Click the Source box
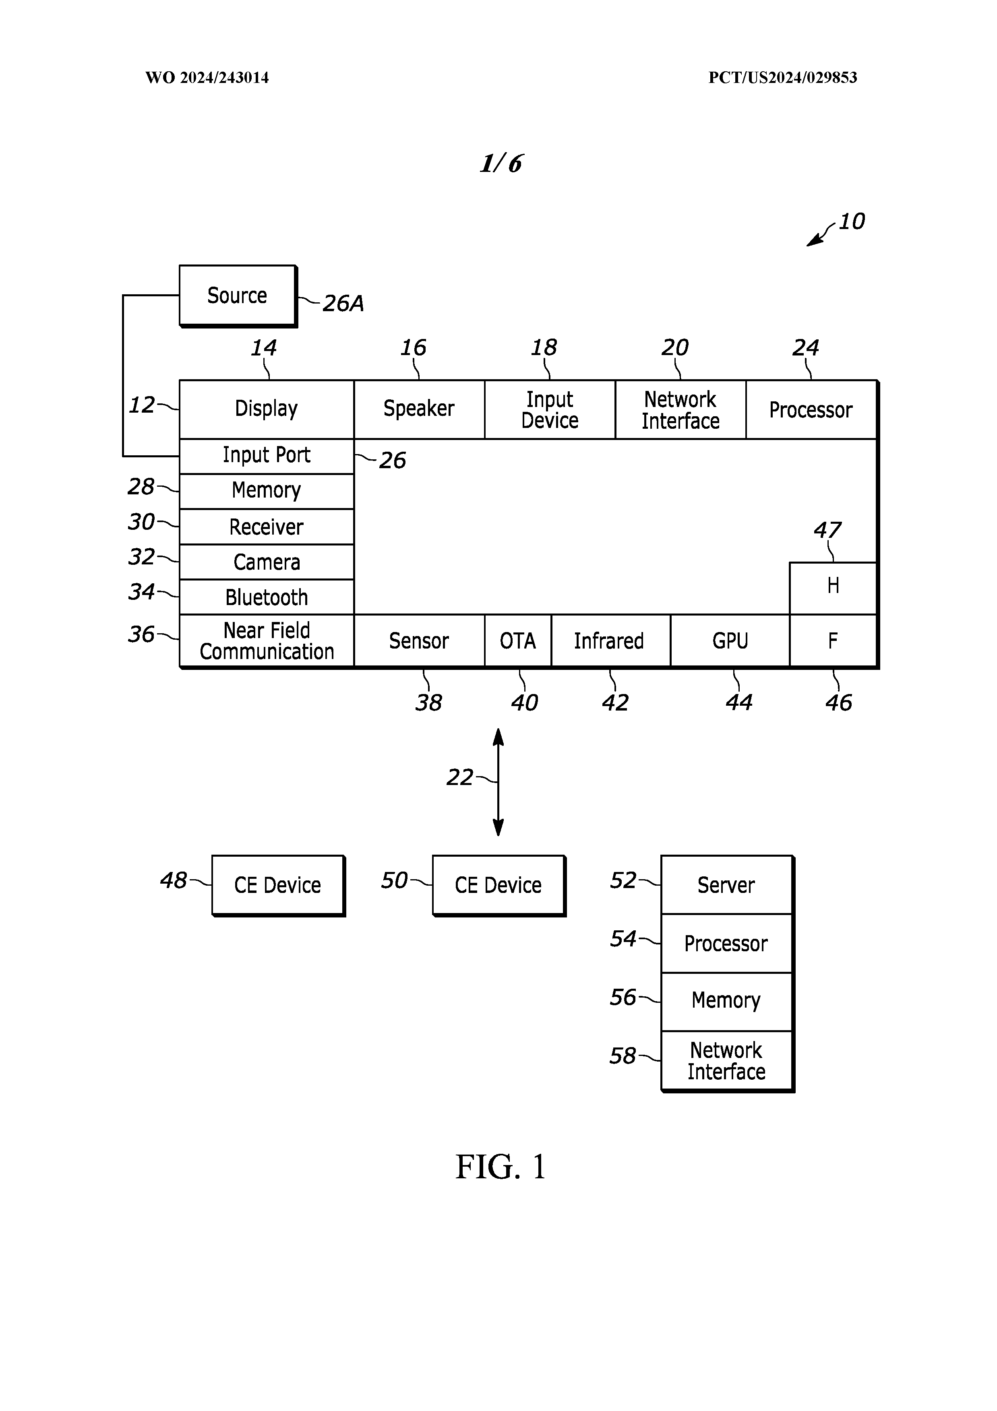pos(237,295)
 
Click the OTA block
pos(517,641)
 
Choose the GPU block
pos(730,641)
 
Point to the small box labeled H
pos(833,587)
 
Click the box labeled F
pos(833,641)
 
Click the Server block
pos(726,885)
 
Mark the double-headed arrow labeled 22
pos(498,782)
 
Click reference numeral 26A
pos(343,304)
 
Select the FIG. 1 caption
pos(501,1166)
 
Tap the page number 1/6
pos(501,163)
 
